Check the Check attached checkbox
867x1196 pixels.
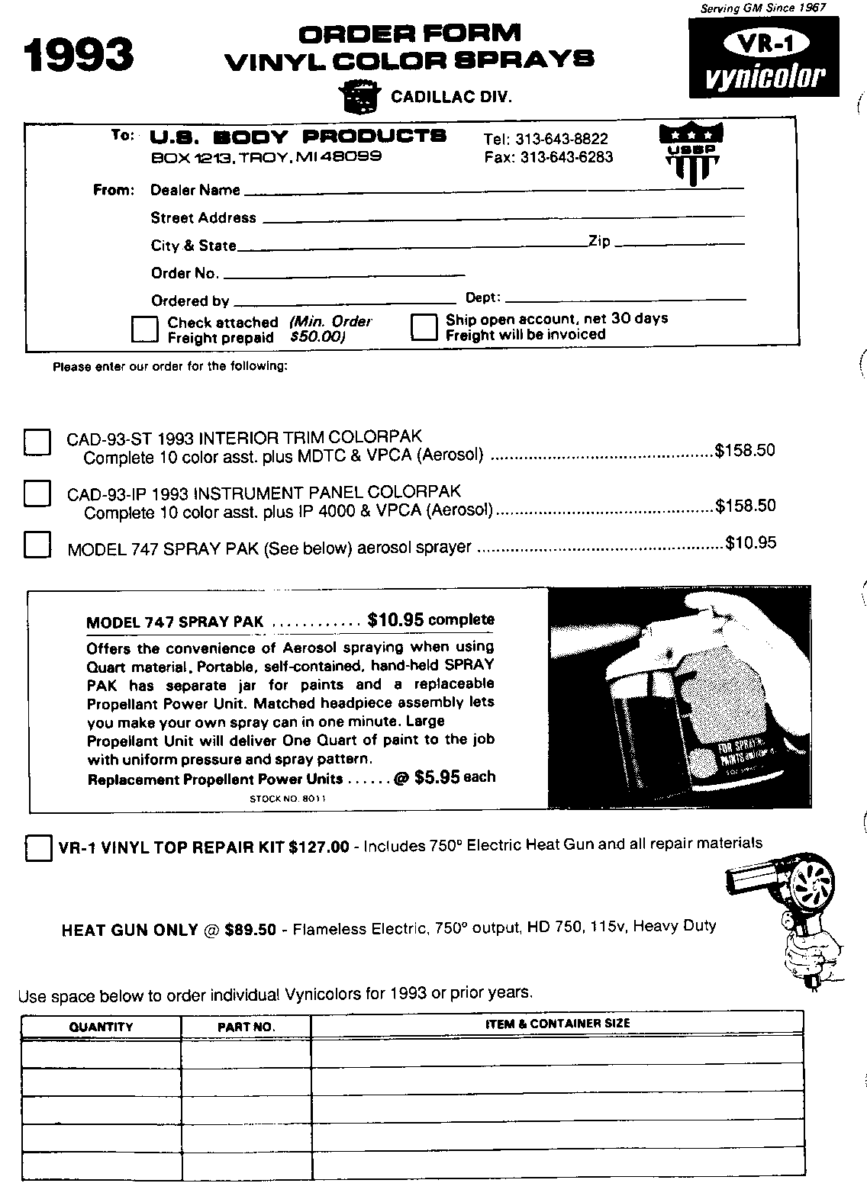click(x=145, y=329)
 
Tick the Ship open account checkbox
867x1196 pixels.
click(x=424, y=327)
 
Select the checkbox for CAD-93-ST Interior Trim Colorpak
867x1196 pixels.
click(x=37, y=442)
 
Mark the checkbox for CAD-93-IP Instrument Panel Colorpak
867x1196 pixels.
click(x=37, y=494)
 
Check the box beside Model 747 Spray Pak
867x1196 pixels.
click(x=37, y=545)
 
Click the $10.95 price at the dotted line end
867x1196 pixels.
click(x=750, y=543)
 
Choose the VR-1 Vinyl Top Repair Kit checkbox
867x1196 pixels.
click(x=38, y=847)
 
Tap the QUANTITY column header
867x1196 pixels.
click(x=101, y=1027)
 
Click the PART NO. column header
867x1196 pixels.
click(x=246, y=1027)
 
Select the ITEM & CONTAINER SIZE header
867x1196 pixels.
click(x=557, y=1024)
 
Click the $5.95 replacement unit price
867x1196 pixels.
click(x=437, y=777)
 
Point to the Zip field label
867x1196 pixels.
click(x=599, y=241)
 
